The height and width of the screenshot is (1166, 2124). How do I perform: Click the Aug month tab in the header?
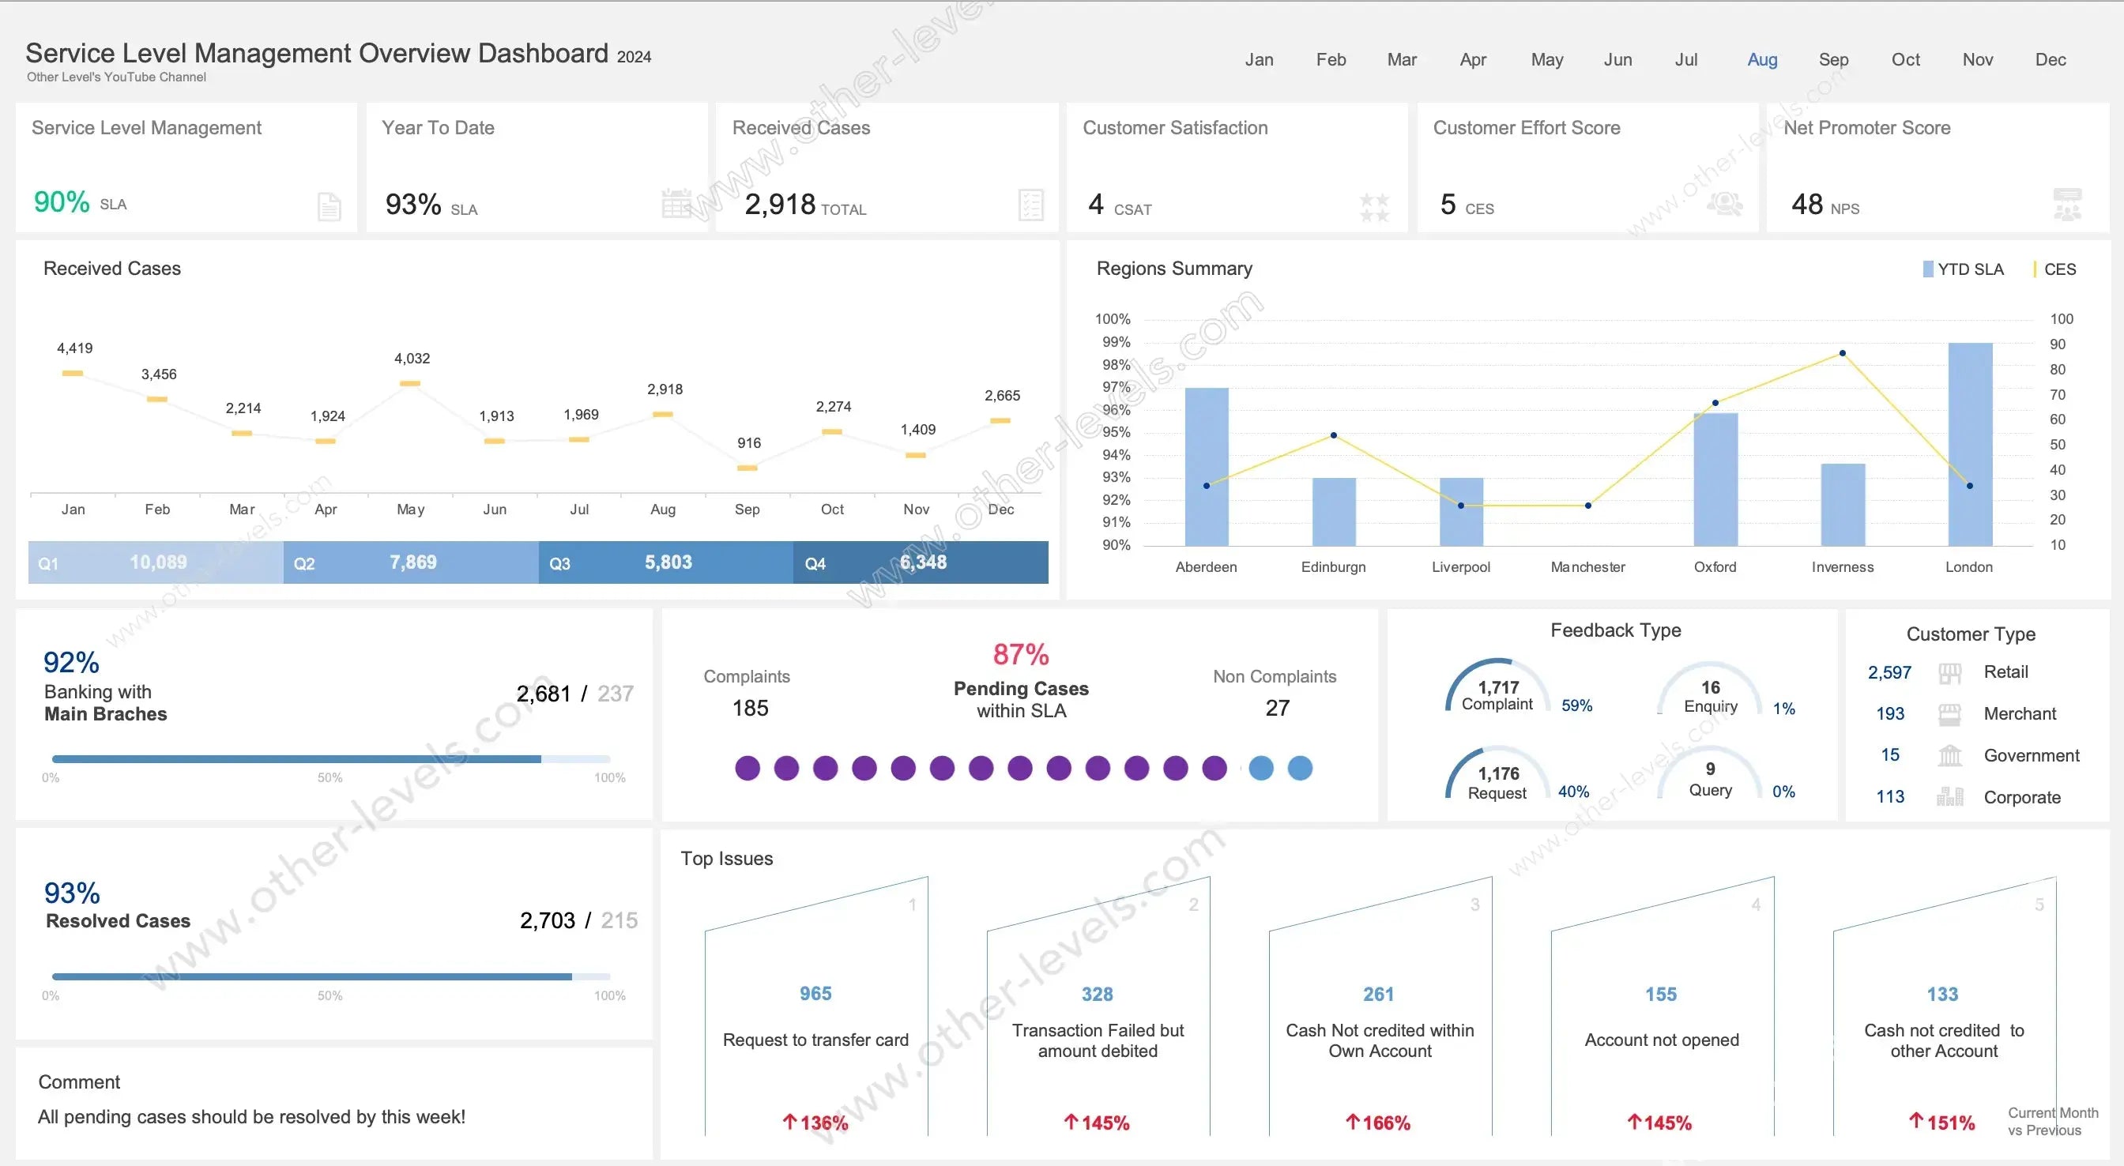pos(1762,59)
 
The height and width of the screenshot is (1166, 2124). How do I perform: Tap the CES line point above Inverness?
pos(1842,353)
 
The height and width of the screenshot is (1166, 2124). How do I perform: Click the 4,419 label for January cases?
pos(74,348)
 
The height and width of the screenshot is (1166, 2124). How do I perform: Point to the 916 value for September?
pos(748,443)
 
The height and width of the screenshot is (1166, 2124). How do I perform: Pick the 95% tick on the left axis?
pos(1116,432)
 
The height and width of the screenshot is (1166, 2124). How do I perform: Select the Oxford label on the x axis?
pos(1714,566)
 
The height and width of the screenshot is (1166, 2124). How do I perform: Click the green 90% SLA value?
pos(62,202)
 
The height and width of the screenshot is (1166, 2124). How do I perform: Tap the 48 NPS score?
pos(1806,204)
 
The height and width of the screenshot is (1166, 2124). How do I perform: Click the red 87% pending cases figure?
pos(1021,655)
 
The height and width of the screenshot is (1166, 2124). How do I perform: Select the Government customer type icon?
pos(1949,755)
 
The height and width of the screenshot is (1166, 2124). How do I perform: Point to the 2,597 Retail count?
pos(1889,672)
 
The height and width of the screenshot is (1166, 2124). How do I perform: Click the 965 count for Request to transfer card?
pos(815,994)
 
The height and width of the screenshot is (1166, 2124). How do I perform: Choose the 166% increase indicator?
pos(1379,1123)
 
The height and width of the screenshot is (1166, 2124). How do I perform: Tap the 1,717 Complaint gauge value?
pos(1498,687)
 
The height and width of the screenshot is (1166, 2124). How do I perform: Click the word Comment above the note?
pos(79,1082)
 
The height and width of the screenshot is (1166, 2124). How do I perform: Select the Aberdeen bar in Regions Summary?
pos(1207,467)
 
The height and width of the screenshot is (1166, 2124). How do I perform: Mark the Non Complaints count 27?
pos(1277,708)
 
